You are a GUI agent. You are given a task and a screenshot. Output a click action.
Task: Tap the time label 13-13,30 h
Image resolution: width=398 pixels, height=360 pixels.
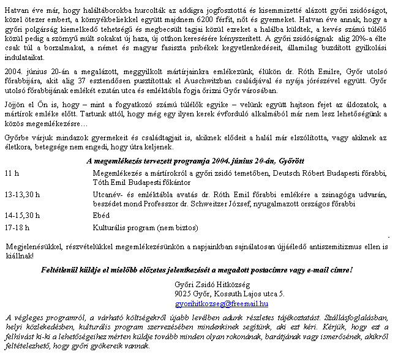pyautogui.click(x=23, y=194)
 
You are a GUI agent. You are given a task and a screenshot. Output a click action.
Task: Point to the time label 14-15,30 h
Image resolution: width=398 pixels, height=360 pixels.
pyautogui.click(x=23, y=215)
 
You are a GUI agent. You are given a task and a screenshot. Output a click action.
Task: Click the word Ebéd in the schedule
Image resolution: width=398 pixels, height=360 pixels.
pyautogui.click(x=100, y=215)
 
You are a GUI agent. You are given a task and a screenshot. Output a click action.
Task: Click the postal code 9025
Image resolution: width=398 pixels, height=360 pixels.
pyautogui.click(x=183, y=294)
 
